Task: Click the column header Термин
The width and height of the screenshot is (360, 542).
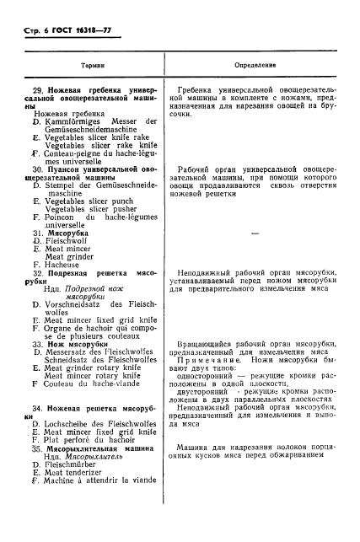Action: tap(91, 64)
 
